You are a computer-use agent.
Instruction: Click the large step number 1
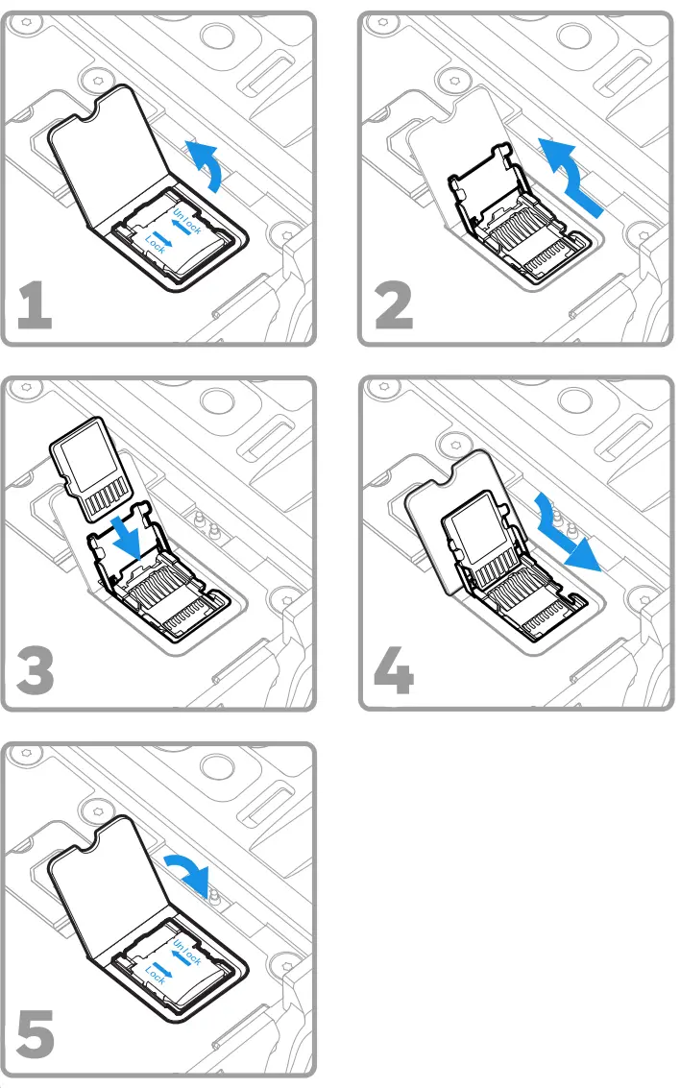[x=35, y=305]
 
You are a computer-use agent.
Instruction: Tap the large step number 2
[x=394, y=305]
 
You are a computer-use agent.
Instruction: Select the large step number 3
[x=35, y=670]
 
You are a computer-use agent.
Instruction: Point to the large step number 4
[x=394, y=670]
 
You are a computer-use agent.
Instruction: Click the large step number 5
[x=35, y=1035]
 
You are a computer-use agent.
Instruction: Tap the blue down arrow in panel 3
[x=130, y=538]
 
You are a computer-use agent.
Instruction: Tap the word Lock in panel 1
[x=156, y=244]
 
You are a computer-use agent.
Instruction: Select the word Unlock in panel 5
[x=187, y=952]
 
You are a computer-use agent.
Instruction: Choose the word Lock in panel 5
[x=156, y=976]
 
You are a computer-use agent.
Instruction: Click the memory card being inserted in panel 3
[x=91, y=469]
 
